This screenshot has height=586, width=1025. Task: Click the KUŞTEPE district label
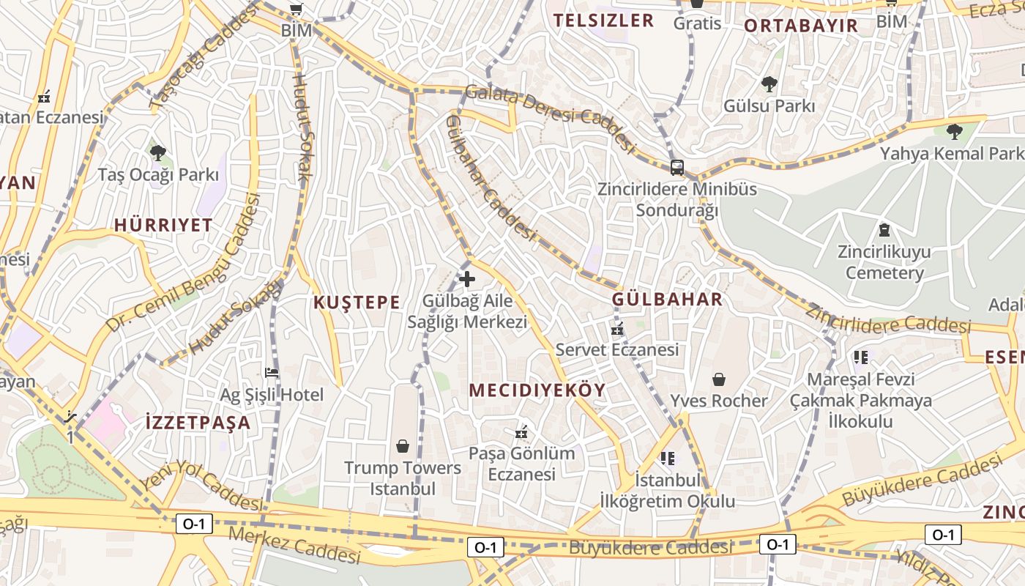click(357, 303)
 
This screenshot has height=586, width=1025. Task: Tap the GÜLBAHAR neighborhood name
click(667, 299)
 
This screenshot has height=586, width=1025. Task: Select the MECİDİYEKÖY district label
click(537, 390)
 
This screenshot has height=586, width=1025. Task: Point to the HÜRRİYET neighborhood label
click(163, 225)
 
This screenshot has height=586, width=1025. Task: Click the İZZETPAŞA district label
click(198, 423)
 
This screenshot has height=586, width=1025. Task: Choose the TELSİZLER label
click(603, 21)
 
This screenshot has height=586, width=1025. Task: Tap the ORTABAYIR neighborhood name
click(800, 26)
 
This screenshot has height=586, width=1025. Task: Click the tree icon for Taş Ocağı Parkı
click(158, 152)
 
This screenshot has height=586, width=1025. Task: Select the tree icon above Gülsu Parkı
click(769, 84)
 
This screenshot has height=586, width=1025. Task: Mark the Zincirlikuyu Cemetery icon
click(884, 230)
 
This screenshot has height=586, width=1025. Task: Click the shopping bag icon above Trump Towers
click(402, 445)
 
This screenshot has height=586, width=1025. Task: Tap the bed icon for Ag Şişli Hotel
click(272, 373)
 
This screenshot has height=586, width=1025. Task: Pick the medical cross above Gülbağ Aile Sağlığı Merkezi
click(467, 279)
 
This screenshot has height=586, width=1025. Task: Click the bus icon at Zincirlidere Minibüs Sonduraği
click(677, 167)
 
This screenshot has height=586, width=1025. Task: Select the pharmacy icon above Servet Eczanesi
click(617, 329)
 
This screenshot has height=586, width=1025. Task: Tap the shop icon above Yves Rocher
click(719, 379)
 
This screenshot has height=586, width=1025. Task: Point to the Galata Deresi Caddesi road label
click(549, 117)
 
